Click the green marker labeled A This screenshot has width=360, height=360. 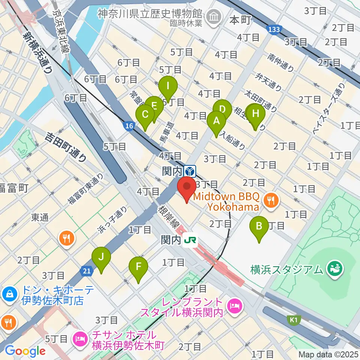[216, 121]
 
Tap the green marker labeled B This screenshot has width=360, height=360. [259, 226]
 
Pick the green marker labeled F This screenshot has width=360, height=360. [138, 267]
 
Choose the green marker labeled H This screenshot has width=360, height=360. [256, 114]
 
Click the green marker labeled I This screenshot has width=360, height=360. [168, 86]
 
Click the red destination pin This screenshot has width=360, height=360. [186, 187]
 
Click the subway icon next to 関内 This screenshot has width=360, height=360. [190, 171]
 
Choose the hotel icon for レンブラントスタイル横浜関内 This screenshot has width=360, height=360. [236, 306]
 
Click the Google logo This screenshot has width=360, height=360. [25, 351]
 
